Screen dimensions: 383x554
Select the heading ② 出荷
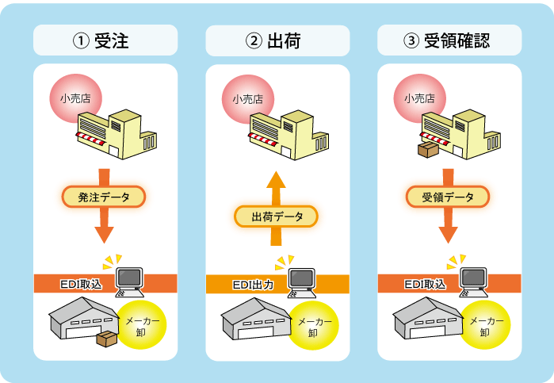coord(277,40)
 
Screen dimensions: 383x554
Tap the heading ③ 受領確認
coord(449,40)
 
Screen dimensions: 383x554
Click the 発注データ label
coord(103,196)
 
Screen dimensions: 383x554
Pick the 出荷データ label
coord(276,216)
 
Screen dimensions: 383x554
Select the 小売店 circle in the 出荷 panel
coord(247,101)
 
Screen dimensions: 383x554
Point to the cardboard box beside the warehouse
coord(105,339)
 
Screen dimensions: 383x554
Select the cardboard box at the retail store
coord(428,149)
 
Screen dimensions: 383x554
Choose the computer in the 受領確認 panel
coord(474,280)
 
